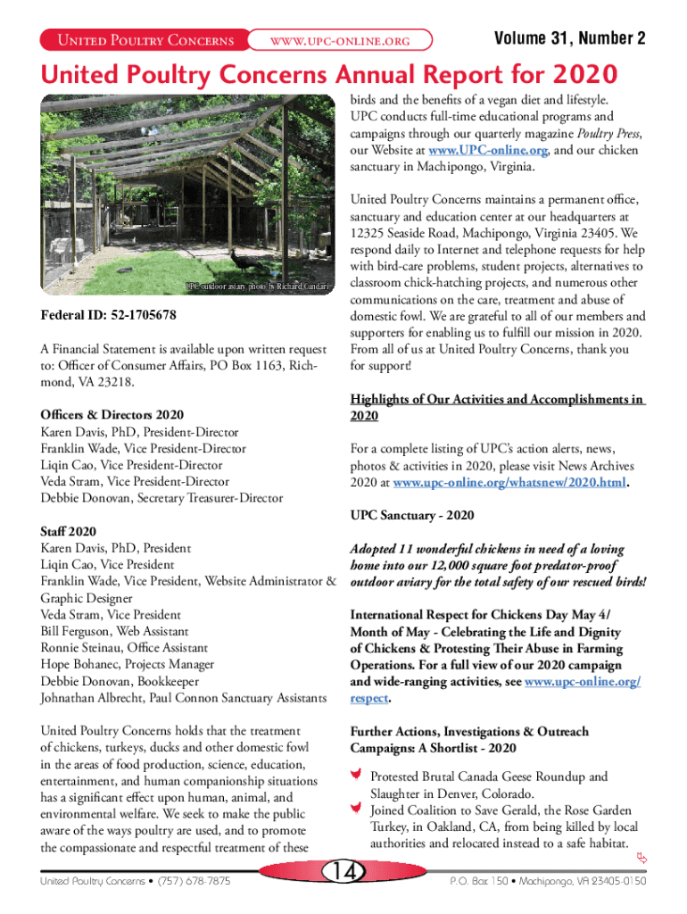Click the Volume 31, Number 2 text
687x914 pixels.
[x=569, y=39]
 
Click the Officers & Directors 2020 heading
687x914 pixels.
[x=112, y=415]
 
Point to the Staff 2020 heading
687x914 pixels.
[x=69, y=531]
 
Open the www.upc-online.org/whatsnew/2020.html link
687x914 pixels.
[x=510, y=483]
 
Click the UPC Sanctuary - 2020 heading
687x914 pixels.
[x=412, y=516]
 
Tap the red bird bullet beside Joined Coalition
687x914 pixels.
[x=356, y=810]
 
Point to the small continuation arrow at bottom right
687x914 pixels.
[x=641, y=859]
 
